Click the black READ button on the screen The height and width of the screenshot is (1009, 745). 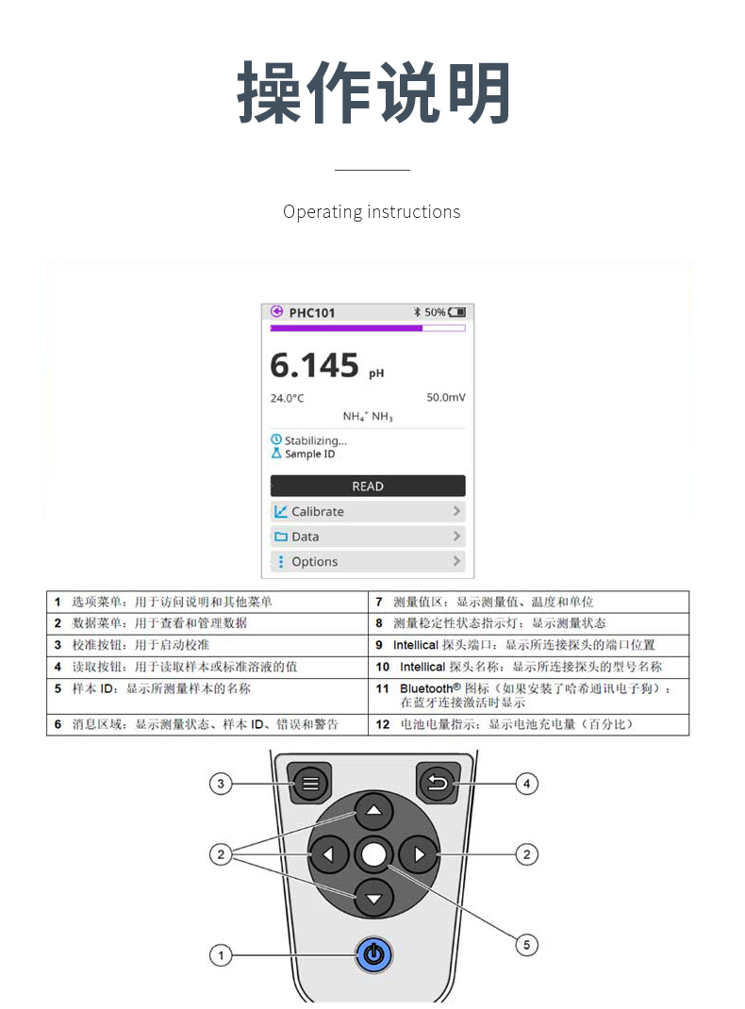coord(368,486)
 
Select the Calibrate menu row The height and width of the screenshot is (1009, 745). coord(368,512)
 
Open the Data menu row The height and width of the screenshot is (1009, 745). coord(368,537)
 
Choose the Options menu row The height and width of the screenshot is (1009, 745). coord(368,562)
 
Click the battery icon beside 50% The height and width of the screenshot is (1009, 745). coord(456,312)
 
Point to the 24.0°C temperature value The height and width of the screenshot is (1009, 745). coord(287,398)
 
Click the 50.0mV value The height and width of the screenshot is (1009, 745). coord(446,398)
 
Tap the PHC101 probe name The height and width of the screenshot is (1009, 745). coord(312,313)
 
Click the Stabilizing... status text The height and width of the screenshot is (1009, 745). coord(315,440)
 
